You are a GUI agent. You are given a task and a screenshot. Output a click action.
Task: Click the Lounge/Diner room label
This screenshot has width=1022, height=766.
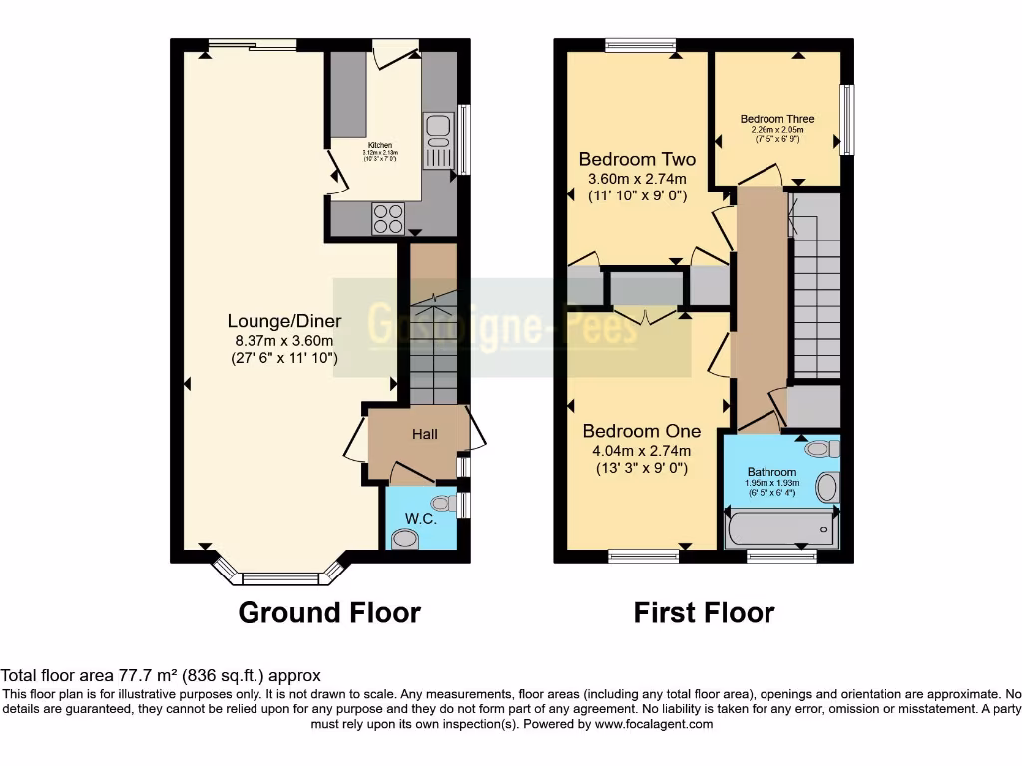point(284,321)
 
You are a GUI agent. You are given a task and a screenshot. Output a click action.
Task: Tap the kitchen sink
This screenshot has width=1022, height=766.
point(438,139)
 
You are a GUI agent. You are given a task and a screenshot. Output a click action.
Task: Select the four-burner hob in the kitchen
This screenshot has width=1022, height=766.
point(388,218)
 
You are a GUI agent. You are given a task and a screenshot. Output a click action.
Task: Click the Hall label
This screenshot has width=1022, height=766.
point(425,435)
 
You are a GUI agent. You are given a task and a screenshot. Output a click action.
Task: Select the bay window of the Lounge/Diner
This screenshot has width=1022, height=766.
point(280,574)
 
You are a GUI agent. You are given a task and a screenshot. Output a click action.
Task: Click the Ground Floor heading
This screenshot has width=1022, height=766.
point(329,612)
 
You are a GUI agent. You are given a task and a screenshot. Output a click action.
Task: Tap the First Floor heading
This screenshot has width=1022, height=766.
point(704,612)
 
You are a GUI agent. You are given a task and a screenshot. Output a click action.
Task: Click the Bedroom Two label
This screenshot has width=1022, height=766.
point(637,159)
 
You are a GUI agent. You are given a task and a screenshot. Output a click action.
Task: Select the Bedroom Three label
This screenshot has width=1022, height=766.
point(776,119)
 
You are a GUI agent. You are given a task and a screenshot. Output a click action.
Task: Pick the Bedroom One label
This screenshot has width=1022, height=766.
point(641,431)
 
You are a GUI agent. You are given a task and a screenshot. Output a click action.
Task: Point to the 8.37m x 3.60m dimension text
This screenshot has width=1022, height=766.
point(284,340)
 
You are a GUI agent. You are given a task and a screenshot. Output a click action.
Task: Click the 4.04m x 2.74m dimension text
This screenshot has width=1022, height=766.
point(641,450)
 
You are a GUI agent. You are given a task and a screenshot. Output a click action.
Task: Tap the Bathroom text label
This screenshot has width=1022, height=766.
point(772,472)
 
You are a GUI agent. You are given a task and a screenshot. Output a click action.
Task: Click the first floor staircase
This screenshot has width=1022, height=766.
point(815,299)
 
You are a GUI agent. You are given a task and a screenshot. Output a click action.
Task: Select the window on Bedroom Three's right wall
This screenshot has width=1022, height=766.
point(847,119)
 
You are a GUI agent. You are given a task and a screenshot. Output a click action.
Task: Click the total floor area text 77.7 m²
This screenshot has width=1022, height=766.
point(161,675)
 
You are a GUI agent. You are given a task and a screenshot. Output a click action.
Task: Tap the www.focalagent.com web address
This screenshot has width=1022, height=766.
point(653,724)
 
